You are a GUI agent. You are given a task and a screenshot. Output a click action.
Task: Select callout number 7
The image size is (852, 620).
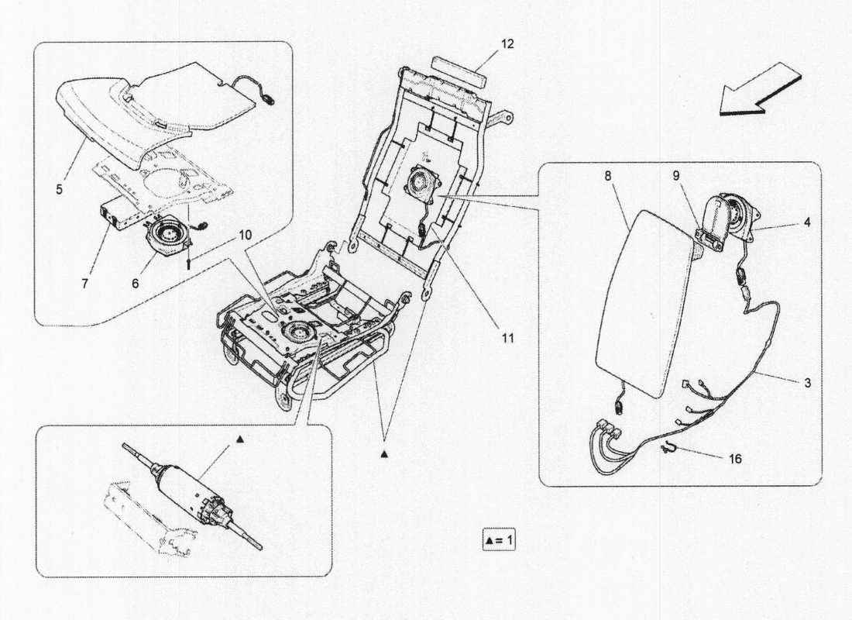click(85, 284)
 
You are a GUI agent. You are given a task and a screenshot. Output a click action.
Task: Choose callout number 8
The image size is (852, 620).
click(608, 176)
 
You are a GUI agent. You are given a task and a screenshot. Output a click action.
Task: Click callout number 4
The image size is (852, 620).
click(806, 222)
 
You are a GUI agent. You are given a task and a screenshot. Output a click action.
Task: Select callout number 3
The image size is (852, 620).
click(806, 383)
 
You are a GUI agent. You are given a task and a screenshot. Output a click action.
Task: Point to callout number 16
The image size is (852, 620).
click(734, 459)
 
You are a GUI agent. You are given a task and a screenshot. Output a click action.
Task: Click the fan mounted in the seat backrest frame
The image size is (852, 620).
click(421, 185)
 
